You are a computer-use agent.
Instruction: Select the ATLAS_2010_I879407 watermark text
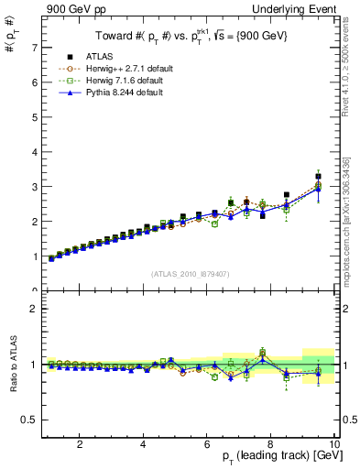tap(191, 274)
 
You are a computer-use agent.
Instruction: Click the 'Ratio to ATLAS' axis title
tap(14, 364)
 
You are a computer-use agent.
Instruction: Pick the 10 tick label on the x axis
tap(333, 444)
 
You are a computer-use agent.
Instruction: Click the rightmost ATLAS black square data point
tap(318, 176)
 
